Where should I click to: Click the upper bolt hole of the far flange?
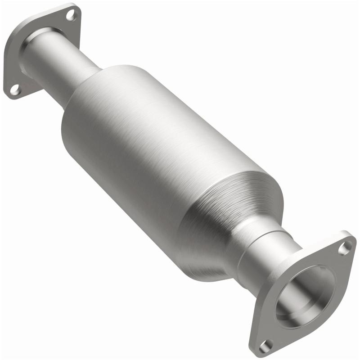71,15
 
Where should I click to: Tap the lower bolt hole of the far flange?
15,90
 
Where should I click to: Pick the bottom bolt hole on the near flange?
266,345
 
